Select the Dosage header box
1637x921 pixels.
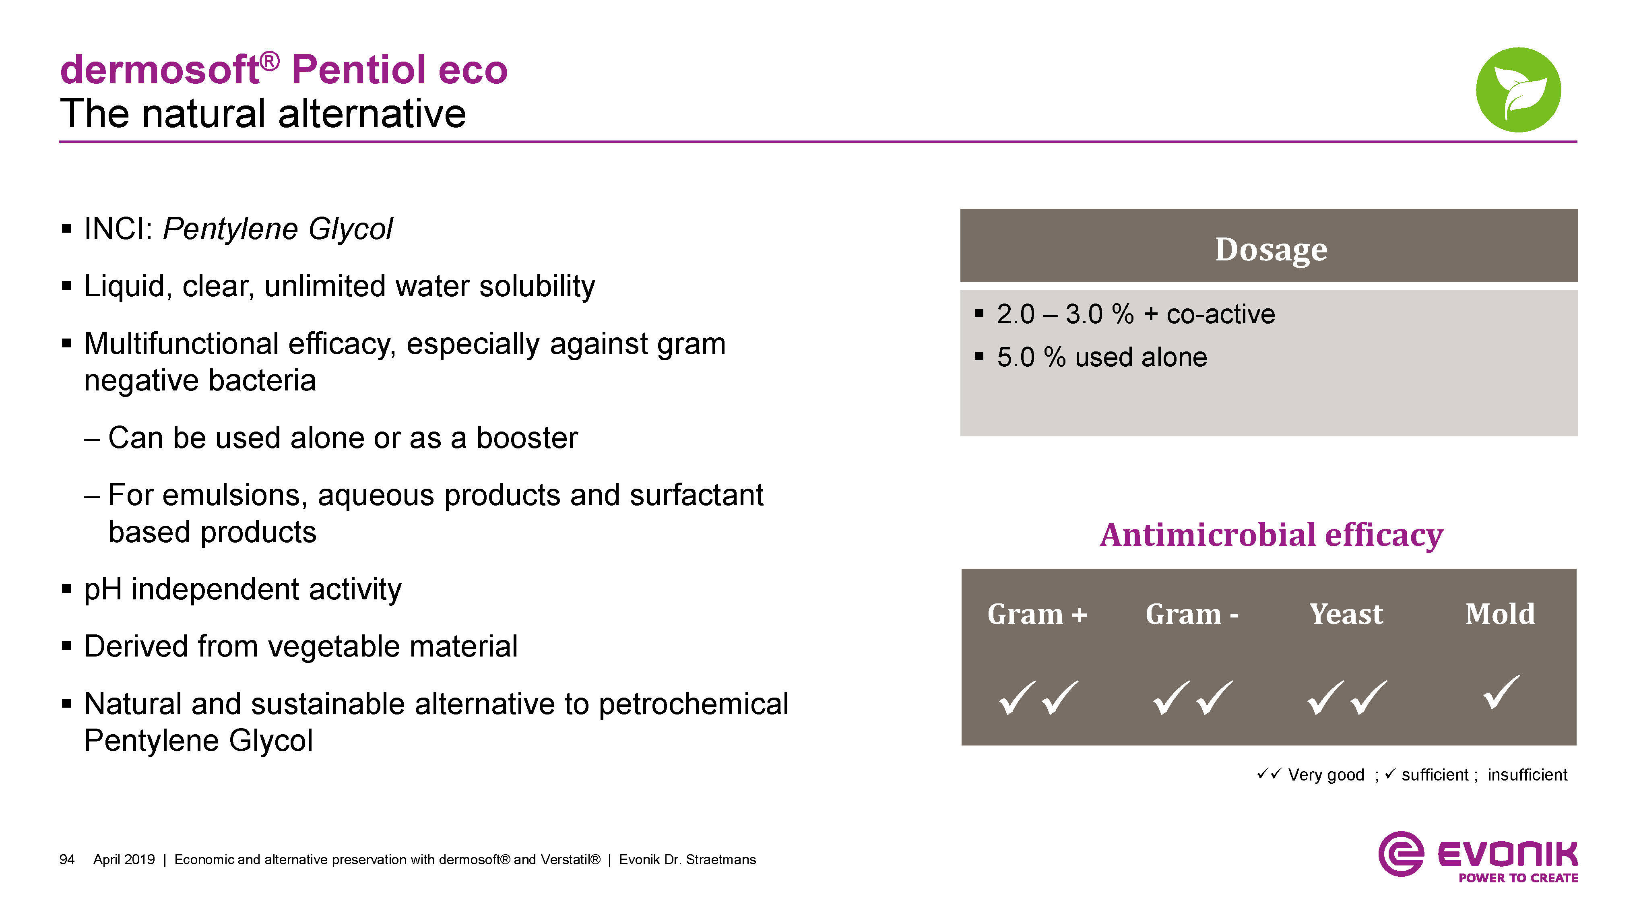pyautogui.click(x=1268, y=246)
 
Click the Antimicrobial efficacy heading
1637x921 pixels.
pyautogui.click(x=1271, y=535)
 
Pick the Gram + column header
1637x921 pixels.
pyautogui.click(x=1037, y=614)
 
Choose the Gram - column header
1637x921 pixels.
pyautogui.click(x=1191, y=614)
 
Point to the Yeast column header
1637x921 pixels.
pyautogui.click(x=1346, y=614)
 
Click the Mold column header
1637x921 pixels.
pyautogui.click(x=1500, y=614)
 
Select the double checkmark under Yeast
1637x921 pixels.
pyautogui.click(x=1346, y=697)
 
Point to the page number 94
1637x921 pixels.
pyautogui.click(x=67, y=859)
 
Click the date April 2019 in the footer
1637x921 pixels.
pyautogui.click(x=124, y=859)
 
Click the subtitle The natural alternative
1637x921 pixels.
pyautogui.click(x=263, y=114)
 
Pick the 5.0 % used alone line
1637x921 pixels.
pyautogui.click(x=1101, y=357)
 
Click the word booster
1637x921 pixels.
pyautogui.click(x=527, y=438)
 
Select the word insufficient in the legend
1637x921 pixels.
pyautogui.click(x=1527, y=775)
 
